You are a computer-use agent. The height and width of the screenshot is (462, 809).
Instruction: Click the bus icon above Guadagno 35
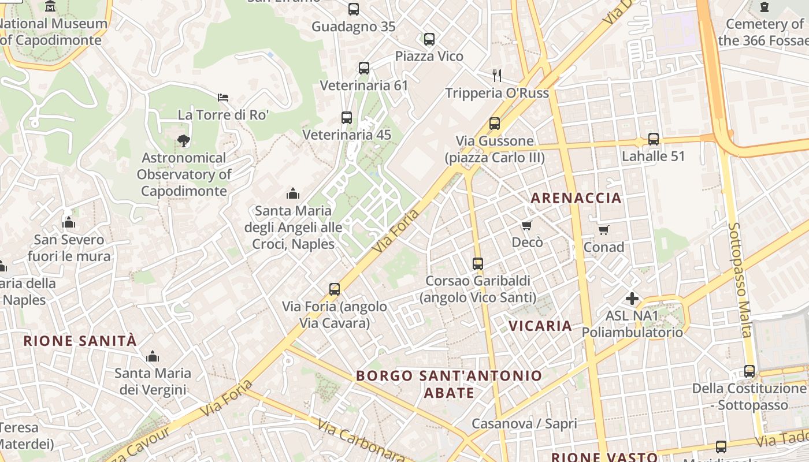coord(353,9)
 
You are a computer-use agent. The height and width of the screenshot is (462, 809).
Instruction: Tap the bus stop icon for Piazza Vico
coord(429,39)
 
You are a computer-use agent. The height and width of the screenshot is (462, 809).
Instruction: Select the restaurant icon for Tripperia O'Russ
coord(496,75)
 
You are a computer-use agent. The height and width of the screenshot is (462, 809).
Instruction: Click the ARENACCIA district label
coord(576,198)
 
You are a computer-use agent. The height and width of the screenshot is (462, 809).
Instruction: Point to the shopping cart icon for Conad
coord(604,230)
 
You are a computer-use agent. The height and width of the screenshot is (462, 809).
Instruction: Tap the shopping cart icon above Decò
coord(526,225)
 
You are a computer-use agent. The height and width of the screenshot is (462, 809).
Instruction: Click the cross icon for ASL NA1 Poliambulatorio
coord(632,299)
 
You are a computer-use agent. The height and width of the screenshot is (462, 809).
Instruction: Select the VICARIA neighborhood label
coord(540,326)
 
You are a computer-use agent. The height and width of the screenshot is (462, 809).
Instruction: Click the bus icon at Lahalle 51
coord(654,139)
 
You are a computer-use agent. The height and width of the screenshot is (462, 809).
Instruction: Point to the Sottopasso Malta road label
coord(739,281)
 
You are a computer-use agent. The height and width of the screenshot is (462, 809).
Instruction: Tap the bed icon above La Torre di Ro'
coord(223,97)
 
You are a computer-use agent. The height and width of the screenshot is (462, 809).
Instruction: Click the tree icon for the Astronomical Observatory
coord(184,140)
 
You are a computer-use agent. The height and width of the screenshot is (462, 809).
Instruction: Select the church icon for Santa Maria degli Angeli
coord(293,193)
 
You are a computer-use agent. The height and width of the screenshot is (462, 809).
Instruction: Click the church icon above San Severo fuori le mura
coord(69,222)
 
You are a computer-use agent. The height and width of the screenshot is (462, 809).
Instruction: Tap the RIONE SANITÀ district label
coord(80,341)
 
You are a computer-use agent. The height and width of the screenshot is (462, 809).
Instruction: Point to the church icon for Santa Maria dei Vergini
coord(153,356)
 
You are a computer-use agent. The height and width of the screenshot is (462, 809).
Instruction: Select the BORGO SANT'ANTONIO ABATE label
coord(449,384)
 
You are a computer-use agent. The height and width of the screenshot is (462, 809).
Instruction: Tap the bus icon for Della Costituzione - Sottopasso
coord(749,371)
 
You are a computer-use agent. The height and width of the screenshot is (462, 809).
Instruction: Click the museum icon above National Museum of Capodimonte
coord(51,6)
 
